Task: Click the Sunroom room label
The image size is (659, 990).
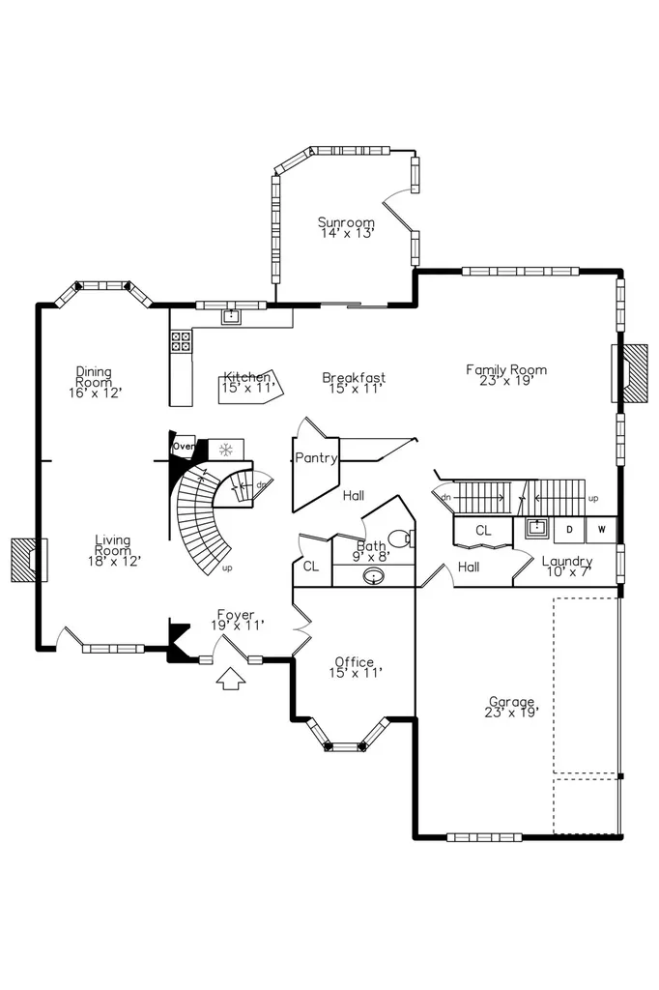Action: pos(347,227)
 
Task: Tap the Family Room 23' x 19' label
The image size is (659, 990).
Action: pos(506,374)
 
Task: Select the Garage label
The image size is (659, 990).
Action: pos(512,707)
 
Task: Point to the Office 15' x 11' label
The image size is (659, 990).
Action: pos(355,667)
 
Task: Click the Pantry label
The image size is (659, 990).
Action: pos(316,457)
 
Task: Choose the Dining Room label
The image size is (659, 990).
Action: pos(95,382)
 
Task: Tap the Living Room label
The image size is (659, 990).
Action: pos(114,550)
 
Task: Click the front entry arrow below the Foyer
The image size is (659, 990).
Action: pos(231,679)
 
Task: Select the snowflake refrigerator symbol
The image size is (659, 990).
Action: pos(225,450)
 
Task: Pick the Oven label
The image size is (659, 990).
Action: pos(184,447)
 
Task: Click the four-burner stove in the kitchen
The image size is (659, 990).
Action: pos(181,341)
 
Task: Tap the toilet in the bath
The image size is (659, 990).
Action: pos(401,539)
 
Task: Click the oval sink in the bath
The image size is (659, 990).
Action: pos(374,576)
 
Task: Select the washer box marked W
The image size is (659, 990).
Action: pos(601,530)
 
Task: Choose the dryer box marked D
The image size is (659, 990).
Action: pos(569,530)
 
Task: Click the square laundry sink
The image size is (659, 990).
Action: pos(536,527)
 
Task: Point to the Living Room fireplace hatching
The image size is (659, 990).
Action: pos(25,560)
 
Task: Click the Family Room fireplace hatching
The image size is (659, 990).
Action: pos(635,373)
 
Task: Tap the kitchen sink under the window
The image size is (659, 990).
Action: pos(231,316)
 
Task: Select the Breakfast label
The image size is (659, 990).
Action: pos(354,383)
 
